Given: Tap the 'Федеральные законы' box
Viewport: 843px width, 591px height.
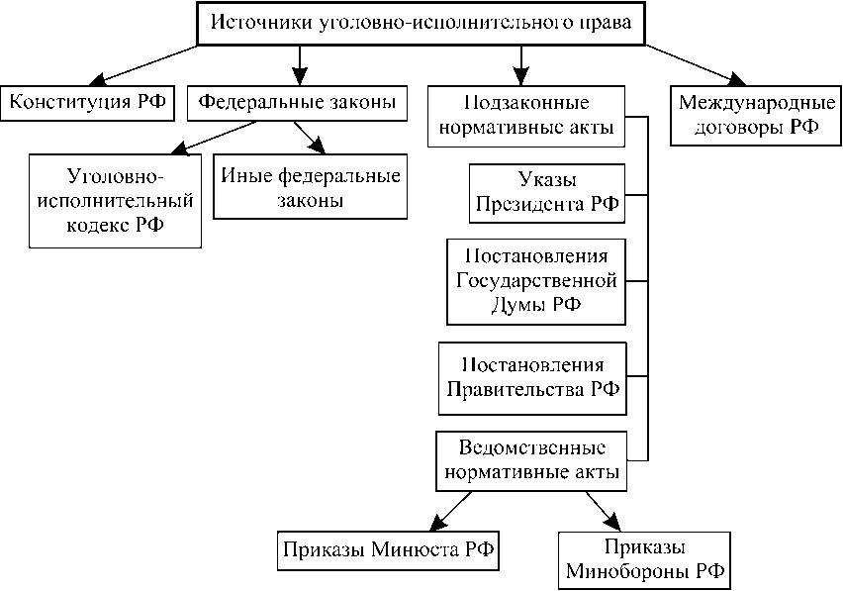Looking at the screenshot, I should click(x=298, y=102).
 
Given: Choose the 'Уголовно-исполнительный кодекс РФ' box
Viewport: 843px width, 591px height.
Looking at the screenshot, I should click(x=116, y=201).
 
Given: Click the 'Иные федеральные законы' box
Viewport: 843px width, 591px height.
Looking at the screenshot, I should click(x=310, y=188).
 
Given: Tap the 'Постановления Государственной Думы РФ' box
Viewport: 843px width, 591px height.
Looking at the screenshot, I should click(x=536, y=280).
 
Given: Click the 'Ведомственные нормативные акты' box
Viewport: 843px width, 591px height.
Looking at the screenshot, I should click(x=532, y=460).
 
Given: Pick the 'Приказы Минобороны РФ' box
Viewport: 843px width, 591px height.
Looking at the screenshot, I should click(x=644, y=560).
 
